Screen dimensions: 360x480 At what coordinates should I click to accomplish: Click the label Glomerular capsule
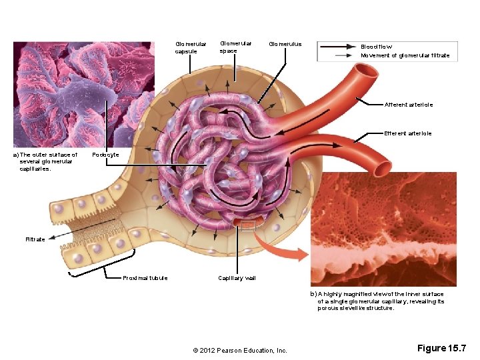[191, 48]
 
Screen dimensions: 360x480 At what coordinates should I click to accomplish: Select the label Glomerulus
[285, 45]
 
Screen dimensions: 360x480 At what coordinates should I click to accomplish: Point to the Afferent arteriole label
[408, 105]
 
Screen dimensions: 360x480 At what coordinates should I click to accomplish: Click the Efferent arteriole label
[407, 133]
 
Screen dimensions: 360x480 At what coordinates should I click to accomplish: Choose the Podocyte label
[105, 155]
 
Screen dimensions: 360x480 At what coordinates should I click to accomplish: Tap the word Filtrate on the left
[35, 239]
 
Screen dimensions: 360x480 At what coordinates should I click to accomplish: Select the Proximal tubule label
[145, 278]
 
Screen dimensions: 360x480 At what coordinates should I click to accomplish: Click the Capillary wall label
[237, 278]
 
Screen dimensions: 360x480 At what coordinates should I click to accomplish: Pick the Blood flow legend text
[377, 47]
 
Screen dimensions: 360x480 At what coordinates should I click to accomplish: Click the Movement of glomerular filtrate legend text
[405, 55]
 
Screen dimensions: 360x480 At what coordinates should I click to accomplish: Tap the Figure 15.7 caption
[442, 348]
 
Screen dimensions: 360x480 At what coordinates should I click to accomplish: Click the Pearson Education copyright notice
[239, 351]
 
